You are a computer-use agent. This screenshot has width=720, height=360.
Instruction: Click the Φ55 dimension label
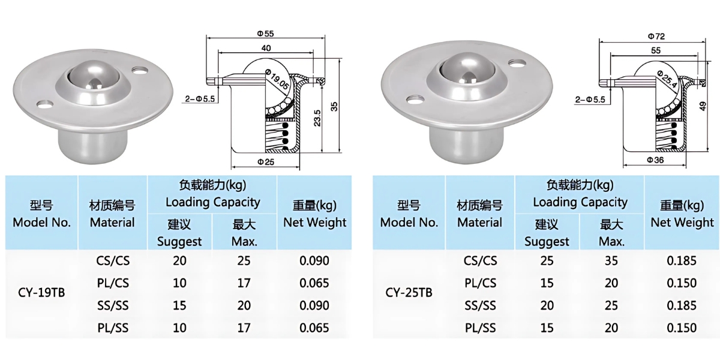[265, 34]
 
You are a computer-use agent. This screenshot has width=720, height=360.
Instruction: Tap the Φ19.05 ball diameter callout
[277, 79]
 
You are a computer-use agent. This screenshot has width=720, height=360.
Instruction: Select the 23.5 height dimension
[317, 118]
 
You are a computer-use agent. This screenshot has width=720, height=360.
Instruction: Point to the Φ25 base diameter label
[266, 161]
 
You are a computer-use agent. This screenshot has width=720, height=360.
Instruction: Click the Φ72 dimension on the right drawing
[656, 37]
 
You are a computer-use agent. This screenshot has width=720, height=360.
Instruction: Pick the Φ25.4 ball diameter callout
[667, 79]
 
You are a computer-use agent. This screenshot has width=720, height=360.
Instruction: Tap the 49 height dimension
[703, 106]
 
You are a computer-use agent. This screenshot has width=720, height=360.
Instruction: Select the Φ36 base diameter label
[655, 160]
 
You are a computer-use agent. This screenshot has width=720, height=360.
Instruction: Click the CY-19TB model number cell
[41, 293]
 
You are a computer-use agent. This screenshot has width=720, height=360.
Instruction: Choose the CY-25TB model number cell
[409, 293]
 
